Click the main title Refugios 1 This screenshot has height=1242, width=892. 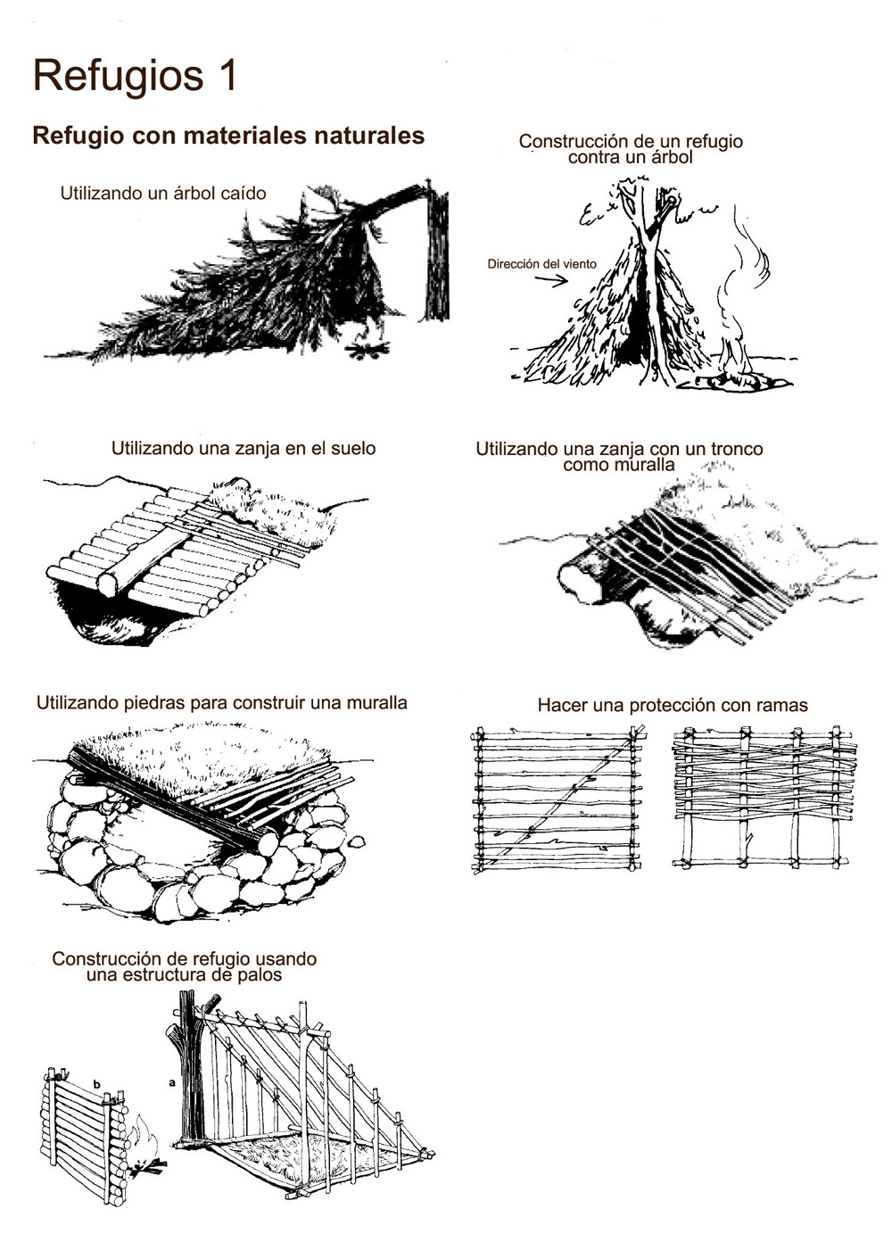coord(136,77)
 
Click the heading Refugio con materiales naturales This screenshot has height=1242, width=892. coord(228,136)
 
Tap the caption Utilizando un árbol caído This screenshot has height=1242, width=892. coord(163,193)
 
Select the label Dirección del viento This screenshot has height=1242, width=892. coord(541,263)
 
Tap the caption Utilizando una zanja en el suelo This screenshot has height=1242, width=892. coord(244,448)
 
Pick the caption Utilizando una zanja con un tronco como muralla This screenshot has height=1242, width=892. coord(619,456)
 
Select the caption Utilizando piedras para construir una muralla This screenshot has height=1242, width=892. coord(222,703)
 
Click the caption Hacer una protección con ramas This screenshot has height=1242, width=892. coord(673,705)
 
